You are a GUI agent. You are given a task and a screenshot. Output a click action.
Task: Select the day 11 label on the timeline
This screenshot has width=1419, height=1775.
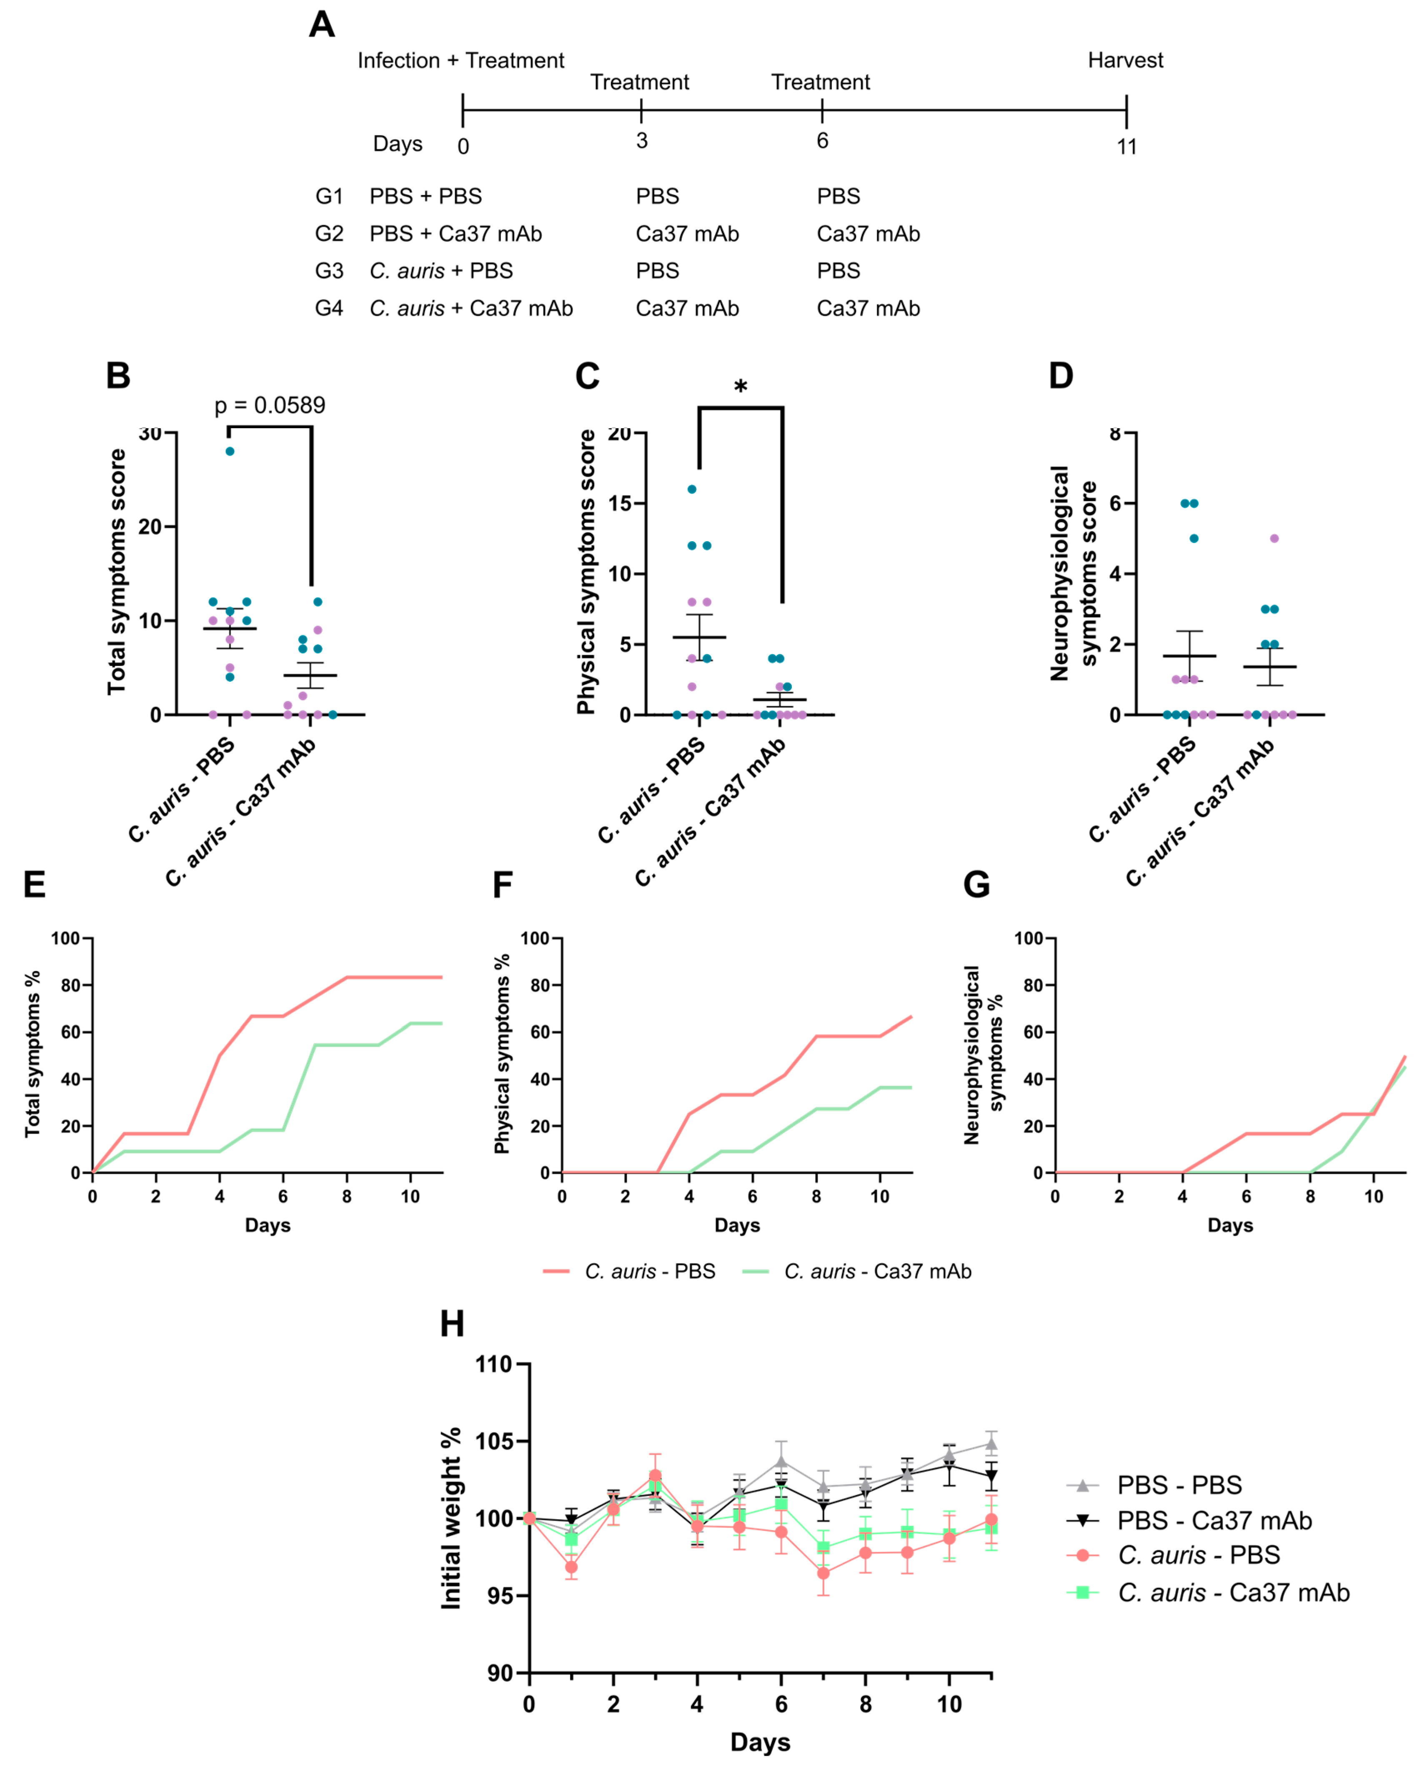pos(1126,146)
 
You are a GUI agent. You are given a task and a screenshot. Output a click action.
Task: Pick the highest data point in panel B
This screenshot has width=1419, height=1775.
pos(230,451)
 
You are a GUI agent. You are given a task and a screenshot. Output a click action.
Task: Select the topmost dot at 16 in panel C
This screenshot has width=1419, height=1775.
pos(692,489)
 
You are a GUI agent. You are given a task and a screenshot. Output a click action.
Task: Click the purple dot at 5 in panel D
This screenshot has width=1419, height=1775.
pos(1274,538)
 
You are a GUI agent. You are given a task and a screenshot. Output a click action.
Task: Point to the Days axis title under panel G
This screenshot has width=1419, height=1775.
pos(1230,1225)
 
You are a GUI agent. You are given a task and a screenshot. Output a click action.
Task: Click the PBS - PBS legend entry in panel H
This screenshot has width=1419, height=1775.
pos(1179,1485)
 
